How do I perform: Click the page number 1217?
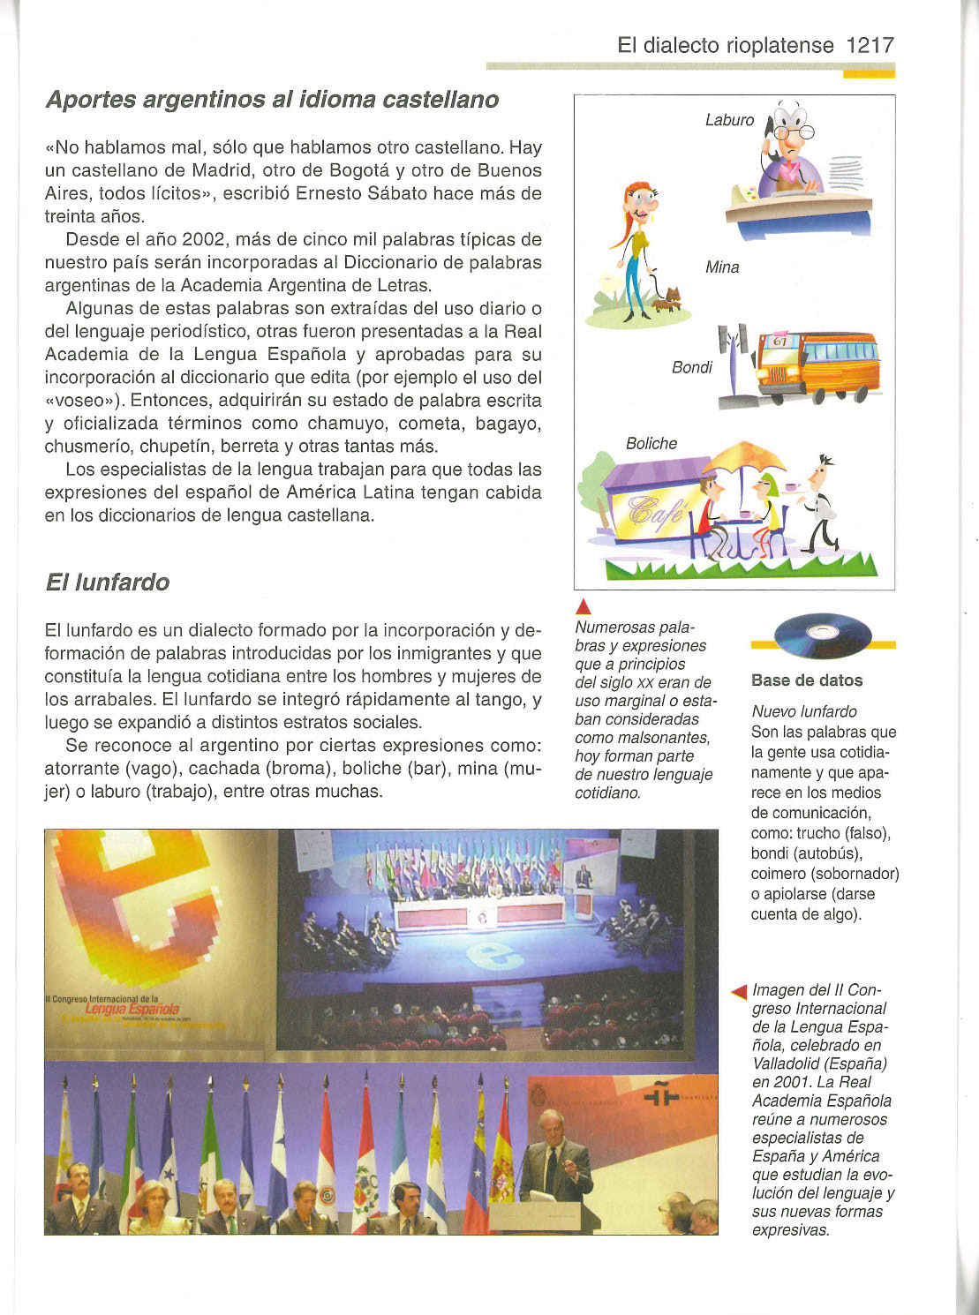[870, 46]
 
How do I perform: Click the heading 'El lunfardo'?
[107, 582]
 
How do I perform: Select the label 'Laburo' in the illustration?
[729, 120]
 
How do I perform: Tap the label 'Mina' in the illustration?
[722, 267]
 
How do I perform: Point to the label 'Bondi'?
[692, 367]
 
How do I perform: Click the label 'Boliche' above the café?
[651, 444]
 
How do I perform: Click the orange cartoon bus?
[818, 364]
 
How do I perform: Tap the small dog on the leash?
[668, 298]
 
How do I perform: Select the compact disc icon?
[822, 635]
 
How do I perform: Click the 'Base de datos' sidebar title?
[807, 680]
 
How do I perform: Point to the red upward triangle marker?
[582, 606]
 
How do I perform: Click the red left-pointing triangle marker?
[740, 993]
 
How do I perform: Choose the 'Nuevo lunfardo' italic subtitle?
[804, 711]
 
